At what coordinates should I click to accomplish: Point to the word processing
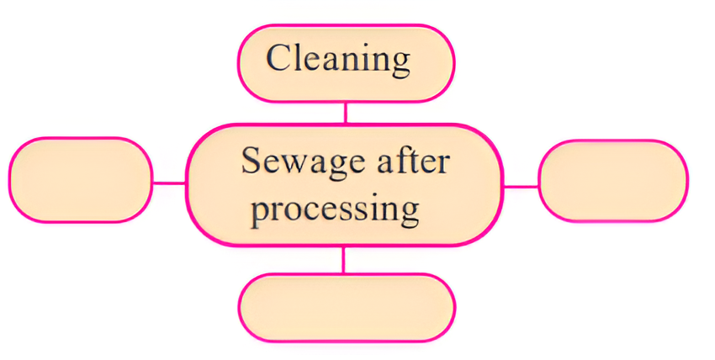(336, 208)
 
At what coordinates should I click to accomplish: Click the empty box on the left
(81, 180)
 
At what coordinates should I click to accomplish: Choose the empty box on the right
(612, 181)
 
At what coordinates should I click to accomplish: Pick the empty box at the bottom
(346, 307)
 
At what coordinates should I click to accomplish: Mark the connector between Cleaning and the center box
(345, 112)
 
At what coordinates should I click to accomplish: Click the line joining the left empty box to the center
(169, 182)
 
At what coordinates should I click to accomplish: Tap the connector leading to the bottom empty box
(343, 261)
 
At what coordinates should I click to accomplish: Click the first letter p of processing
(262, 210)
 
